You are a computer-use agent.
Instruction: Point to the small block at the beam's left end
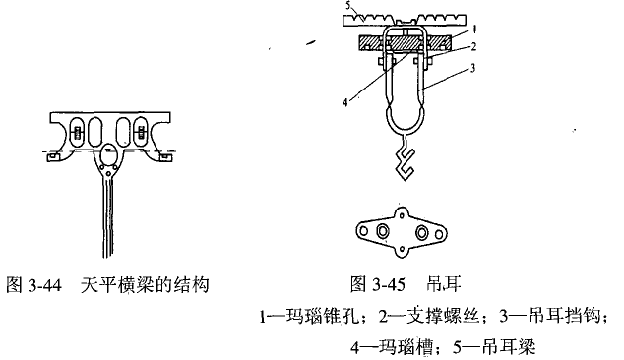pyautogui.click(x=53, y=157)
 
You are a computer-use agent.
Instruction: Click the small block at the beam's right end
pyautogui.click(x=166, y=157)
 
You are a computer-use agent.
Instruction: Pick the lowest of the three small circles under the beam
pyautogui.click(x=109, y=173)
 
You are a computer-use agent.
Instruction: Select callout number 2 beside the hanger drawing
pyautogui.click(x=473, y=47)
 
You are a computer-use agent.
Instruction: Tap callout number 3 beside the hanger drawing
pyautogui.click(x=472, y=68)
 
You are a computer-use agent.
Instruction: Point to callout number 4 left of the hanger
pyautogui.click(x=345, y=102)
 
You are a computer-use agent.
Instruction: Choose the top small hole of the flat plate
pyautogui.click(x=402, y=215)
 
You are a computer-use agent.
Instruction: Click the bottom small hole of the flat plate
pyautogui.click(x=402, y=250)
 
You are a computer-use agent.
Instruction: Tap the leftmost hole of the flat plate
pyautogui.click(x=364, y=231)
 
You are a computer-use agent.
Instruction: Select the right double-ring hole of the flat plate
pyautogui.click(x=422, y=232)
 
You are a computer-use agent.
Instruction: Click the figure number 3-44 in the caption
pyautogui.click(x=45, y=285)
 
